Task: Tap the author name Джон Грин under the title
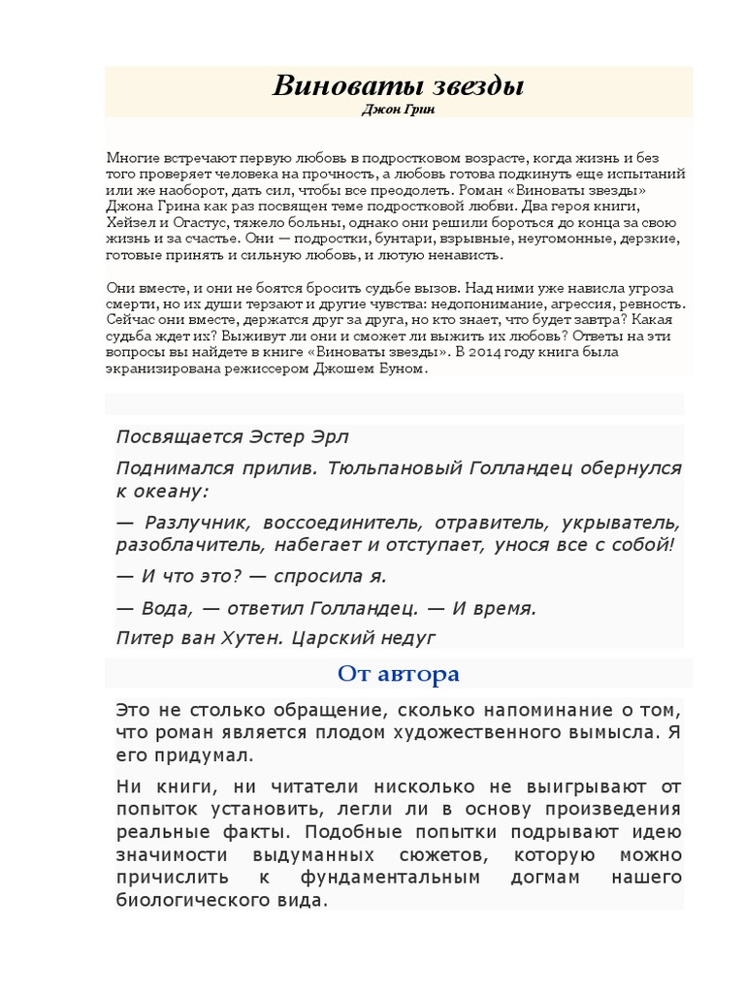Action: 399,111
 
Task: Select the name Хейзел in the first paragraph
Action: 131,222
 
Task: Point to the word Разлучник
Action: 195,521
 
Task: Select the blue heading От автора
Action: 399,673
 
